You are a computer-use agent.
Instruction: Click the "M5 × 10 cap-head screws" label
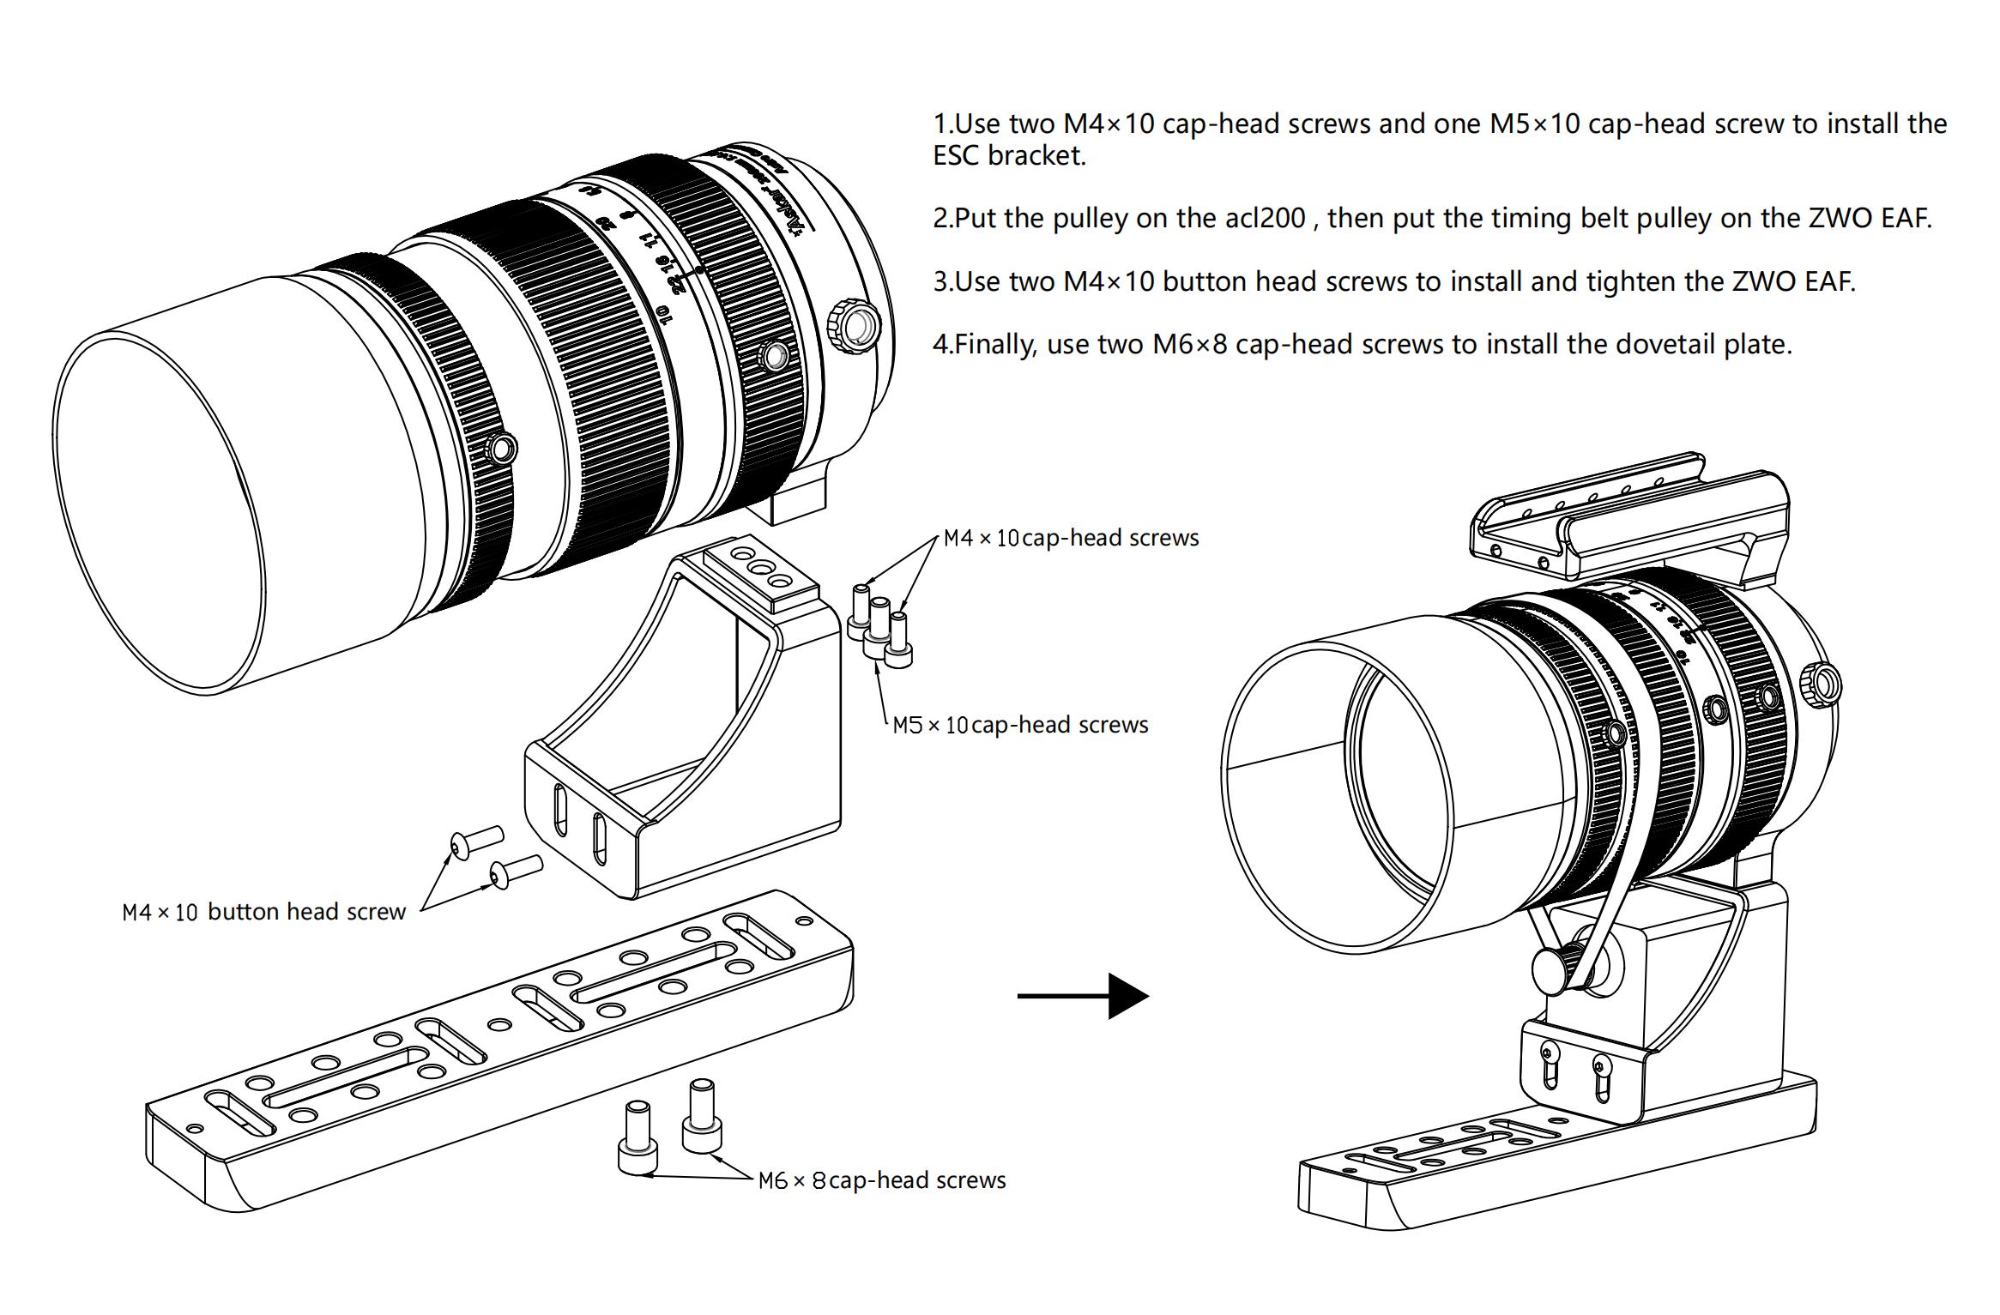1020,725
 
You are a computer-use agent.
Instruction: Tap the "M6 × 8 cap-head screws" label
882,1180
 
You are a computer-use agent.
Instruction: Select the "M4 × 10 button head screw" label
263,911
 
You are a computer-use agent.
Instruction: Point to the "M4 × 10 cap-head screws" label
1071,538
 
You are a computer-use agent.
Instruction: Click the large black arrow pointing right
1083,995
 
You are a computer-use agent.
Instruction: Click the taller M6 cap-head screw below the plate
701,1115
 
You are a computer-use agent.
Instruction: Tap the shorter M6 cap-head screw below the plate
637,1137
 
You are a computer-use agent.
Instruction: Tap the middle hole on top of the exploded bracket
759,567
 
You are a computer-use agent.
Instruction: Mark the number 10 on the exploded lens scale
663,315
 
